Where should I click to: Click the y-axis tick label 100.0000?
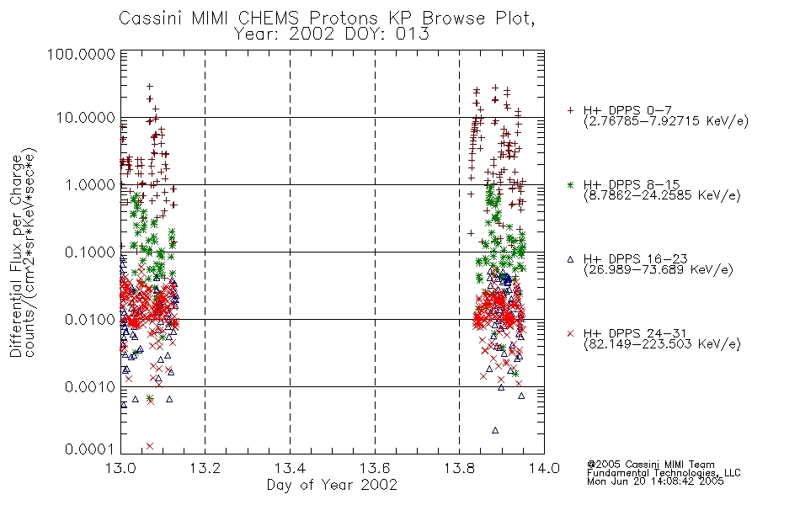tap(81, 54)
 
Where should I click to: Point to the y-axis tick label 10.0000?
tap(86, 118)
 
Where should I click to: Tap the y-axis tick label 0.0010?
tap(90, 387)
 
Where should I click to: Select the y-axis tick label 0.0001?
tap(90, 449)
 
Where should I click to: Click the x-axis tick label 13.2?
tap(205, 468)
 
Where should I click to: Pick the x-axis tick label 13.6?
tap(375, 468)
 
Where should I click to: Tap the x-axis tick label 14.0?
tap(544, 468)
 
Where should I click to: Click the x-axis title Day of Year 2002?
tap(332, 485)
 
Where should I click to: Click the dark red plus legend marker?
tap(570, 110)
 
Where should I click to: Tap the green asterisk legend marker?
tap(570, 184)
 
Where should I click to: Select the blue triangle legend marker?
tap(570, 259)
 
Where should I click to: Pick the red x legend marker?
tap(570, 333)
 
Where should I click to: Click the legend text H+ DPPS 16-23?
tap(635, 259)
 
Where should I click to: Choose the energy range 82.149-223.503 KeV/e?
tap(662, 344)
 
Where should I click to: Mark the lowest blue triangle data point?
tap(495, 431)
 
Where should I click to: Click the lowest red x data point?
tap(150, 446)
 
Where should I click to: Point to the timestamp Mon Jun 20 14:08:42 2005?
tap(655, 481)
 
